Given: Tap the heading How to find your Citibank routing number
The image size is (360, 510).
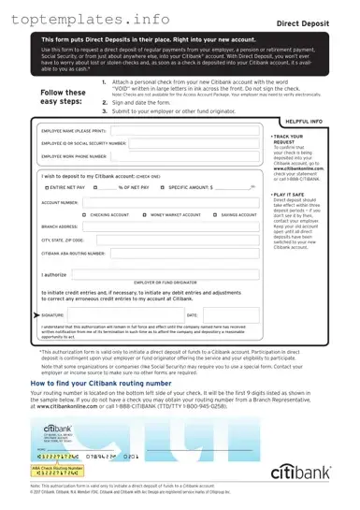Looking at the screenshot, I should [x=116, y=385].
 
